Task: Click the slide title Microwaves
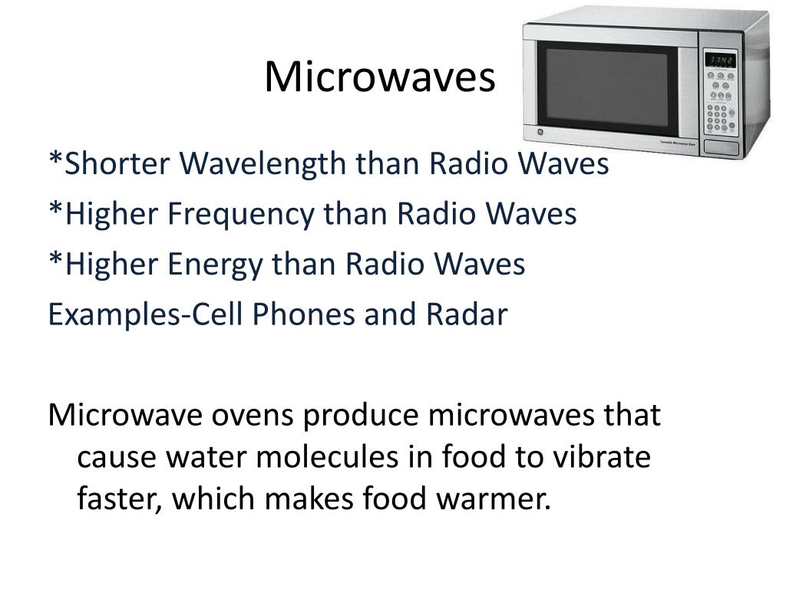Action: pos(379,77)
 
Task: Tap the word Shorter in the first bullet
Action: pos(117,163)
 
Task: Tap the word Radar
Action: pos(467,314)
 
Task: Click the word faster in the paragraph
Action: pos(119,499)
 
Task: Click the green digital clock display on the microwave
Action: pos(721,60)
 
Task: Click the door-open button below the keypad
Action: pos(721,147)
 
